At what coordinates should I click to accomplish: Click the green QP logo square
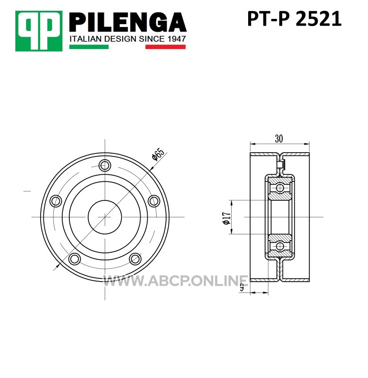click(x=39, y=31)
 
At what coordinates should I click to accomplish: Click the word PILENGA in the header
click(x=128, y=22)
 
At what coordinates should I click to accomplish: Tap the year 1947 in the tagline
click(x=177, y=39)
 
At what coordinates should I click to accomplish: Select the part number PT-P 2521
click(x=294, y=19)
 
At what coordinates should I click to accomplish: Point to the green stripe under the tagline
click(x=89, y=47)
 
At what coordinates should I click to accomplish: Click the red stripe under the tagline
click(x=165, y=47)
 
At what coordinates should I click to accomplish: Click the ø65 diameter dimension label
click(x=158, y=154)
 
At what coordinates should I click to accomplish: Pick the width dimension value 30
click(x=279, y=138)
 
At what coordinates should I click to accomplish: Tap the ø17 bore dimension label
click(x=227, y=218)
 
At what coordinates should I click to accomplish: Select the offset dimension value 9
click(x=242, y=287)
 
